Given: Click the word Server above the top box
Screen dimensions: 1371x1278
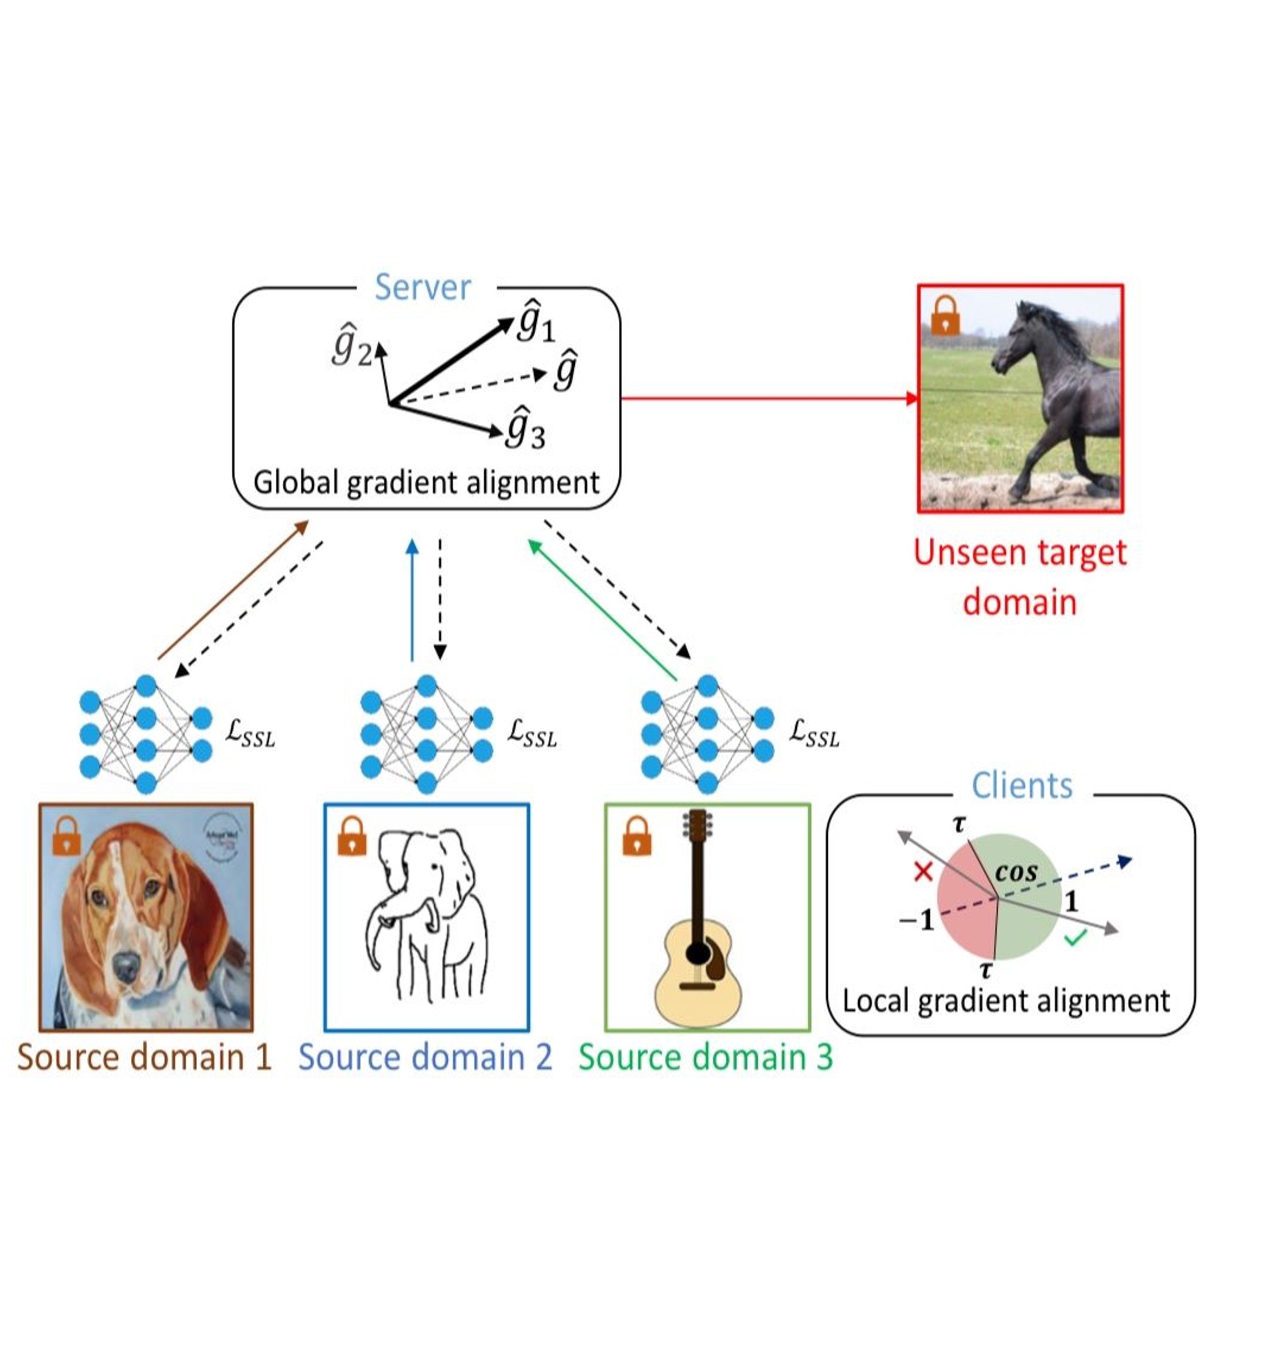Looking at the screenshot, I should [422, 288].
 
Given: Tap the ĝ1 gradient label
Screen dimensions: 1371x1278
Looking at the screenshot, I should [536, 321].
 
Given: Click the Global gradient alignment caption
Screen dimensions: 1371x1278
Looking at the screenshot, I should [426, 483].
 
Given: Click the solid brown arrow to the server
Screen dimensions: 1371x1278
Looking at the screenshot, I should [232, 590].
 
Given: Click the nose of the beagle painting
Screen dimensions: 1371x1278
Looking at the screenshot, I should [126, 966].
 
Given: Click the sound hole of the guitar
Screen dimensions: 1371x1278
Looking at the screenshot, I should [698, 953].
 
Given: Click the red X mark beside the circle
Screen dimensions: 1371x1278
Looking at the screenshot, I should [922, 872].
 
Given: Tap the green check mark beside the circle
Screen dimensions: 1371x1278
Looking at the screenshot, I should [1075, 937].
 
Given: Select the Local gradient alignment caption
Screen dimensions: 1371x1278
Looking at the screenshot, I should [1006, 1001].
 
